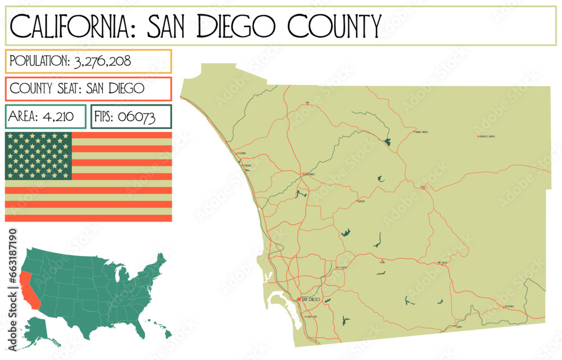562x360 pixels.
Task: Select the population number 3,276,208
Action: (x=103, y=61)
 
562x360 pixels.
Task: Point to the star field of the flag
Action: (x=38, y=156)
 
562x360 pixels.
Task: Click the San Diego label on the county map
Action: (x=311, y=300)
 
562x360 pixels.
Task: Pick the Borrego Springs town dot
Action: (x=477, y=136)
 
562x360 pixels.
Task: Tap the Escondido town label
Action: (x=310, y=174)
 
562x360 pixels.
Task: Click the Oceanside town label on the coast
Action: (x=241, y=153)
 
